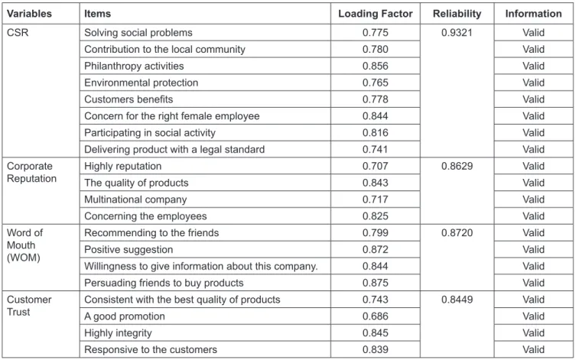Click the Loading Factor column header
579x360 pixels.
point(376,14)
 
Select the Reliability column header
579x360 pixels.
point(457,14)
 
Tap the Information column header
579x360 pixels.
point(533,14)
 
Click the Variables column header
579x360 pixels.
point(29,14)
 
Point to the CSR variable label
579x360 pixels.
point(18,32)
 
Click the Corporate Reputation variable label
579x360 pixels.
point(31,172)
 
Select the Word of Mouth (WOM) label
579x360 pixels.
point(24,245)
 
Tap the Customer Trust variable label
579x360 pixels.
point(29,306)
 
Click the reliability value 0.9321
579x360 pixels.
point(457,32)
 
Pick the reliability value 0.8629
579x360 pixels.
point(457,166)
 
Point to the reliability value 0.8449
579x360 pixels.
point(457,300)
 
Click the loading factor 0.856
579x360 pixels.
point(376,66)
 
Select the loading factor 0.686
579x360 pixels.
point(376,316)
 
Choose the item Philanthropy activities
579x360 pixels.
point(134,66)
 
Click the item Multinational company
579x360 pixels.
point(135,199)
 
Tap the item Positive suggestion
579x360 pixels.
point(128,250)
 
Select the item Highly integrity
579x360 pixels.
point(118,333)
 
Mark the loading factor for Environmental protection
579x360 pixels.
point(376,83)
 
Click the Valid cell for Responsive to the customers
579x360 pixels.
point(533,349)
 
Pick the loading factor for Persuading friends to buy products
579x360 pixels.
point(376,283)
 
